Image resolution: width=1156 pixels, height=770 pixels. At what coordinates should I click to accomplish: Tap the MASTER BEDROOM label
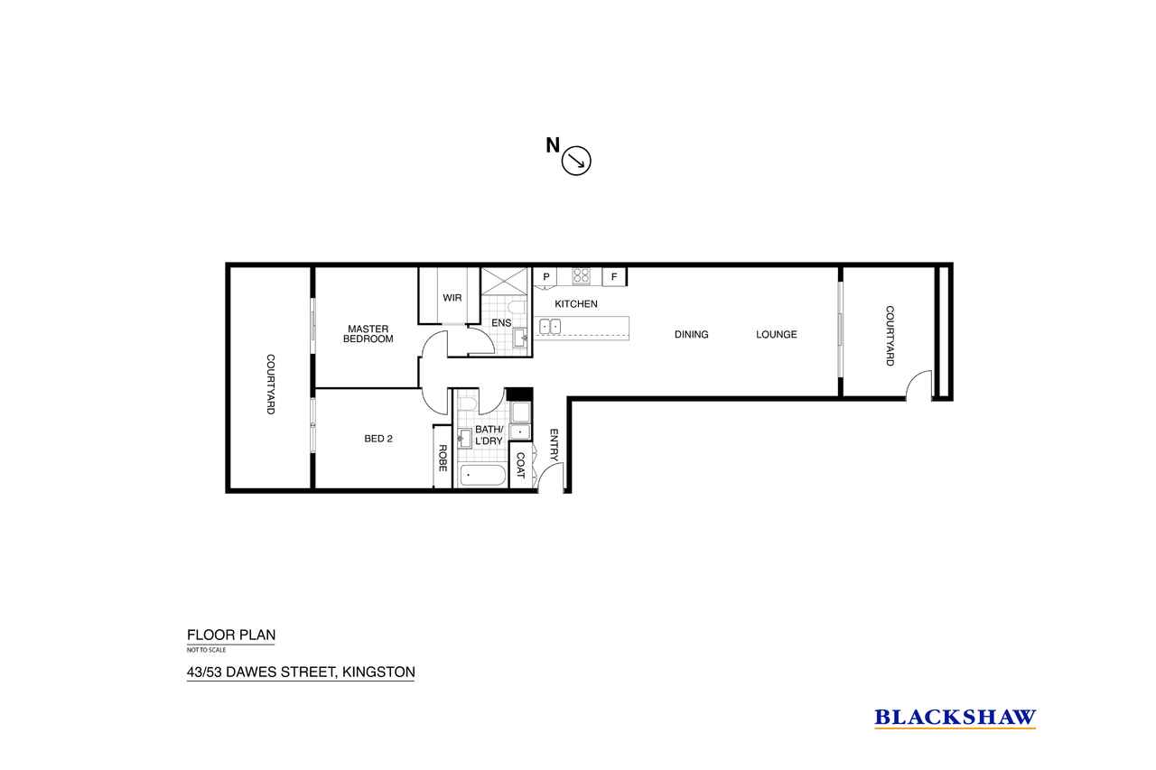click(368, 334)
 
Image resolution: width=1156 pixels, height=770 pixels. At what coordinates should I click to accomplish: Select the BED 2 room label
click(378, 439)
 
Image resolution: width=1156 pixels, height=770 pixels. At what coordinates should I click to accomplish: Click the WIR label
click(452, 298)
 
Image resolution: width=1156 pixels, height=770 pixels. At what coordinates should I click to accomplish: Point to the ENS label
click(501, 323)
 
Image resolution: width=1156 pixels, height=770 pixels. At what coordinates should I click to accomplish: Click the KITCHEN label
click(576, 304)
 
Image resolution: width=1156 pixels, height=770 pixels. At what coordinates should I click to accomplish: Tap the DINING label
click(691, 334)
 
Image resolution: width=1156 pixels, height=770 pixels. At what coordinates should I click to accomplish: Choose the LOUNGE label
click(776, 334)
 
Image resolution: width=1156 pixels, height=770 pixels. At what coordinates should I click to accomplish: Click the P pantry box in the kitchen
click(545, 277)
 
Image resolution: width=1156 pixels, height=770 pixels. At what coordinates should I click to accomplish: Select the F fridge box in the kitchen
click(614, 277)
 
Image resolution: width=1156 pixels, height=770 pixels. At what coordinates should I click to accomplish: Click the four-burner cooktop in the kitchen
click(581, 276)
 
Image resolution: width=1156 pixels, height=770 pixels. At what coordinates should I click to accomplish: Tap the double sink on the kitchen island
click(550, 327)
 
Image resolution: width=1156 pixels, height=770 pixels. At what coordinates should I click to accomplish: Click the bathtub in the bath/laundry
click(482, 476)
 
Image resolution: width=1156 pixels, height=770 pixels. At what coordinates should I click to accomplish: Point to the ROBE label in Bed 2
click(443, 458)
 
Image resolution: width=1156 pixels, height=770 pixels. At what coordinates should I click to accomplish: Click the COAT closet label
click(520, 465)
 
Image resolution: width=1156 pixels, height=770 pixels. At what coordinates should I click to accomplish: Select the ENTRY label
click(554, 444)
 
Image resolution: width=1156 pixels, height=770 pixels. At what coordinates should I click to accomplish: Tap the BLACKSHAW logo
click(955, 718)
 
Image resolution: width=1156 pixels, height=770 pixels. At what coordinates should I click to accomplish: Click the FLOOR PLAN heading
click(231, 635)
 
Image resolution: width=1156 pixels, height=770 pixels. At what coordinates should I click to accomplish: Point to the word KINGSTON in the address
click(378, 672)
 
